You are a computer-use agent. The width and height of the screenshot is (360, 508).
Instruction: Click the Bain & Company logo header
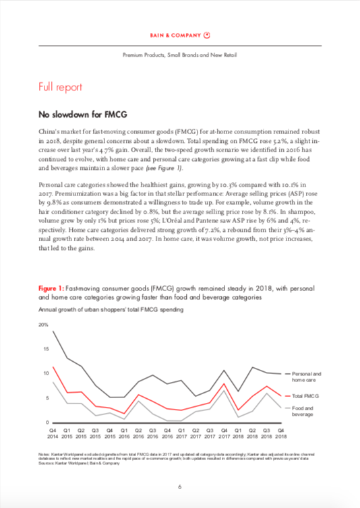179,34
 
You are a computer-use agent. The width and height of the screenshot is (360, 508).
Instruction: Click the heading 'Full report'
61,87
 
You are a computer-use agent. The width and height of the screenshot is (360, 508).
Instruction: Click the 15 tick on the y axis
45,349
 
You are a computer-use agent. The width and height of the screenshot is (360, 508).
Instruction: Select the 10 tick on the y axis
45,373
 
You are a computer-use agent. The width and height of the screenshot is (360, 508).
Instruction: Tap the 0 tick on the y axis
47,422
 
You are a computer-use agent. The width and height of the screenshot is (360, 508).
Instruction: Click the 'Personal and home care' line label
309,375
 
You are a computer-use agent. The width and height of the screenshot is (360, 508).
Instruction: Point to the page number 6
179,487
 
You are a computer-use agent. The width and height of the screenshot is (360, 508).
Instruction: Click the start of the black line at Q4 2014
53,331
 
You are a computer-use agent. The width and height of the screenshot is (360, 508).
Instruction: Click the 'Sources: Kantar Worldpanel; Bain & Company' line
75,464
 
